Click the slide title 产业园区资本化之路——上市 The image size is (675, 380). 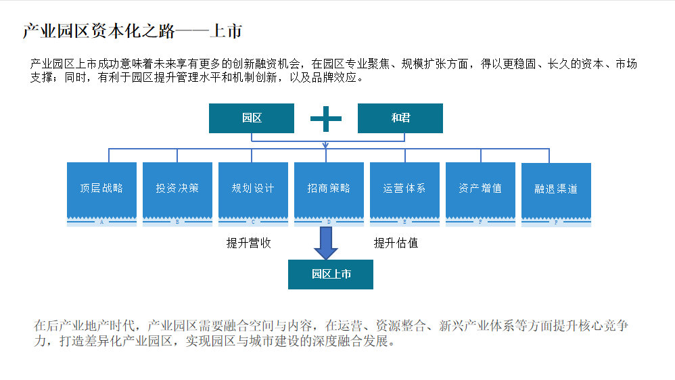click(x=132, y=31)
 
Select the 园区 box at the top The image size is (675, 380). click(x=252, y=118)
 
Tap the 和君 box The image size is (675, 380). click(x=400, y=118)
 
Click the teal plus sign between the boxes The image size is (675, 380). click(x=326, y=119)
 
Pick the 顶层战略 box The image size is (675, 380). click(x=101, y=189)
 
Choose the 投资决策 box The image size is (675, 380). click(x=177, y=189)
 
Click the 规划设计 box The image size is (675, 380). click(x=253, y=189)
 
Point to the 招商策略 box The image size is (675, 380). click(x=329, y=189)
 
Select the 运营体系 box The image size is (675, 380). click(x=404, y=189)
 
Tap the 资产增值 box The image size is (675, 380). click(x=480, y=189)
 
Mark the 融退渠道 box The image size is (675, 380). click(x=556, y=189)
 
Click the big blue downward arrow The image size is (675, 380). click(x=326, y=243)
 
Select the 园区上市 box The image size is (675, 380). click(x=331, y=275)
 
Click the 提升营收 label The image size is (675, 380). click(x=248, y=243)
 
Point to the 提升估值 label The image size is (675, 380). click(x=396, y=243)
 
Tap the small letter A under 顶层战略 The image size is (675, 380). click(x=101, y=222)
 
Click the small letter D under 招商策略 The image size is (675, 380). click(x=329, y=222)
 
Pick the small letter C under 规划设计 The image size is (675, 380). click(x=253, y=222)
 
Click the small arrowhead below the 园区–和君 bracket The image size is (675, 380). click(x=326, y=145)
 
